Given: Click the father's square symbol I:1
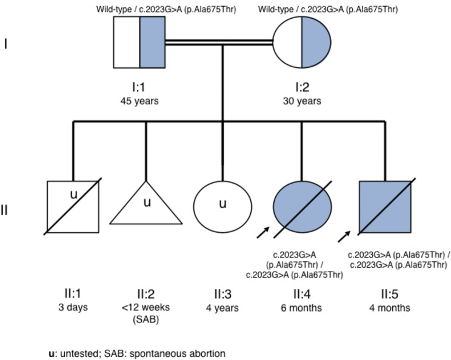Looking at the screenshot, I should (139, 42).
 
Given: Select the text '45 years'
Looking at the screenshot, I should (139, 101).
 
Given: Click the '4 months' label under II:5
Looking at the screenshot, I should (389, 307).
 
